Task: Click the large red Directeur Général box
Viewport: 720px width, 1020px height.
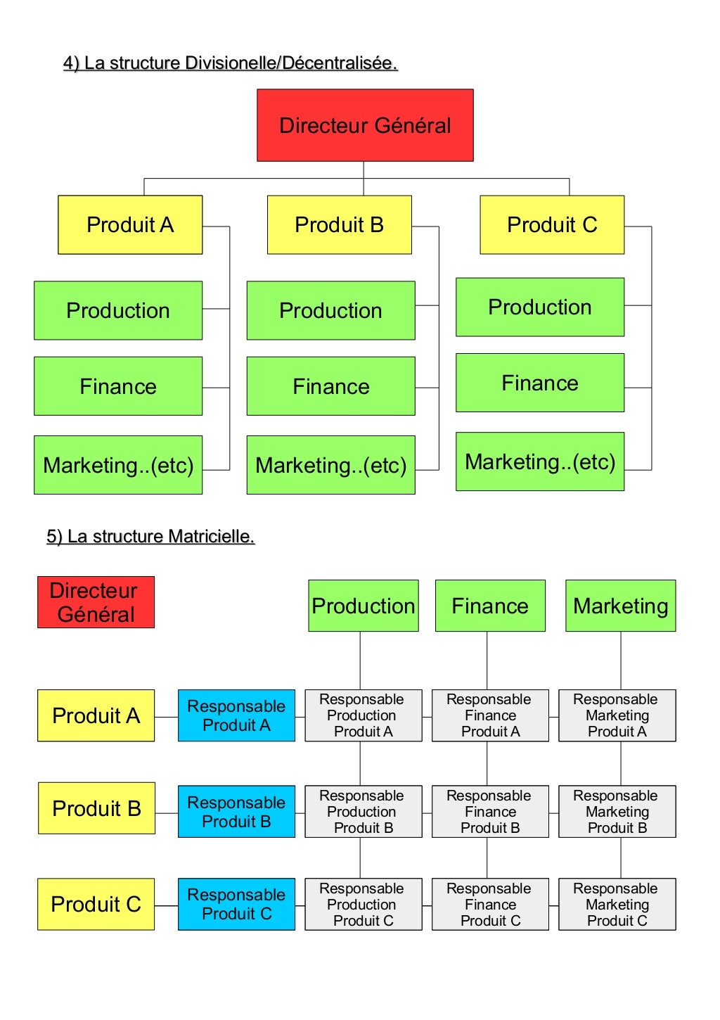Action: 365,125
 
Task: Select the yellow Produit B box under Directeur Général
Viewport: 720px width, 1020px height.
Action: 339,224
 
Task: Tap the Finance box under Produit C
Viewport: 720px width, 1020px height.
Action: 539,383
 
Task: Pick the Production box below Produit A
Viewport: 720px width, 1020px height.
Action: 118,310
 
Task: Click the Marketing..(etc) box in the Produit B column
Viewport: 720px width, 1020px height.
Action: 330,465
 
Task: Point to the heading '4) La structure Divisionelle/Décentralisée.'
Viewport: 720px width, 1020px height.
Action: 231,63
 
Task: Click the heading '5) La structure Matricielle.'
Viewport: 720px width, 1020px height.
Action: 150,537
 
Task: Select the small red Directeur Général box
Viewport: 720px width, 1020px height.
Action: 96,602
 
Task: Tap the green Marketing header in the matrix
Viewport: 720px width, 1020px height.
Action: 620,606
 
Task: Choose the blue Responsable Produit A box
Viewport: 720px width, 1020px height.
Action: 236,715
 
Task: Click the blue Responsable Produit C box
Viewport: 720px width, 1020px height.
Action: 236,904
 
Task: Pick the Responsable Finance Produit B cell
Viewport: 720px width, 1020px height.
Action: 490,811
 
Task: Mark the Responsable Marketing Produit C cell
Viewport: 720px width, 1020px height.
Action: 617,904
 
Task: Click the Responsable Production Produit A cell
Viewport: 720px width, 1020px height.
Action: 363,715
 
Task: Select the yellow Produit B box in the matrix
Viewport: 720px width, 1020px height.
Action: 96,808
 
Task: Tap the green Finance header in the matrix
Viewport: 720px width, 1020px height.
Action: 490,606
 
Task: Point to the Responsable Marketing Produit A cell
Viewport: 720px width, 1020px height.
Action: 617,715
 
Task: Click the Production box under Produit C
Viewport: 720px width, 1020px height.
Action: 539,307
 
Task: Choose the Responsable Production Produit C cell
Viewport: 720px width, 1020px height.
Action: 363,904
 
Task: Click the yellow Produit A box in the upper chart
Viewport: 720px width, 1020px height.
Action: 130,224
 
